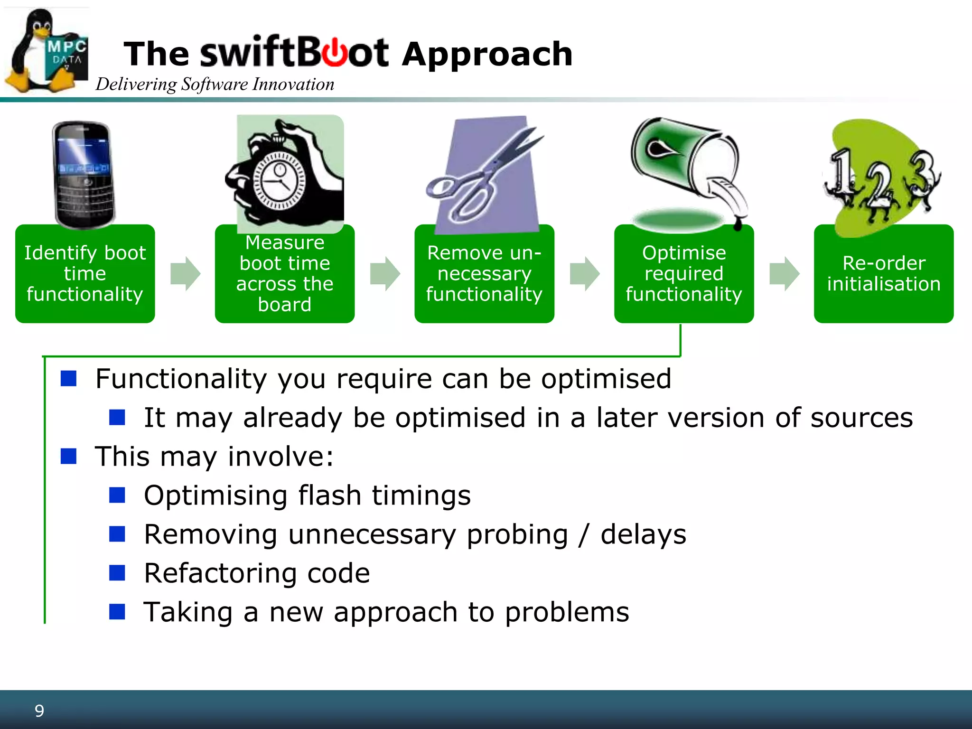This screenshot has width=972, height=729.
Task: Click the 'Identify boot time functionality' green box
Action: (85, 274)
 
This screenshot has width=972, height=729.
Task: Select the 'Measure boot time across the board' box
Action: (284, 274)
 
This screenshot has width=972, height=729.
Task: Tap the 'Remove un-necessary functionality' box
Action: (484, 274)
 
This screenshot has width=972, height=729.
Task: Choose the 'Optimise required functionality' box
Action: (683, 274)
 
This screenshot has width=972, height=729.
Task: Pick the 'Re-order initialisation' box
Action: (883, 274)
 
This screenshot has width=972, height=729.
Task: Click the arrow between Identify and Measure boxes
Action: (185, 274)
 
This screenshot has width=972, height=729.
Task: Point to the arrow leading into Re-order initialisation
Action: (784, 274)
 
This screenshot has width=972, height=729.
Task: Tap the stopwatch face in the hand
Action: (279, 181)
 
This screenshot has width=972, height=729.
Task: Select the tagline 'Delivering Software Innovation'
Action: (215, 84)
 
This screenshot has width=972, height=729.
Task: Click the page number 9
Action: (39, 710)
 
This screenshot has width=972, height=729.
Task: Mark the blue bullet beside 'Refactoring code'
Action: (117, 573)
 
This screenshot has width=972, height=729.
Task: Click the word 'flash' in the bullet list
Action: (329, 495)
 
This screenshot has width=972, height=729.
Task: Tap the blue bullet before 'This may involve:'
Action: (69, 456)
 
